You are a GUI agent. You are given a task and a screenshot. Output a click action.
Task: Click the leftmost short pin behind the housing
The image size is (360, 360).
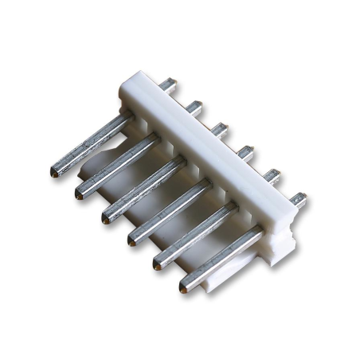167,84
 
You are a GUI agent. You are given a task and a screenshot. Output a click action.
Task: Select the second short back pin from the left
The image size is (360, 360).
194,106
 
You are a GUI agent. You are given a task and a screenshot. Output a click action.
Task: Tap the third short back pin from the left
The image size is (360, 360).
221,127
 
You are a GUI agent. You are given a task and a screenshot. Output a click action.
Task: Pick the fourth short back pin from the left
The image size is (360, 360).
246,151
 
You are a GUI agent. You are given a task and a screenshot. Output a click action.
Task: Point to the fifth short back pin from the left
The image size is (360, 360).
272,174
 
